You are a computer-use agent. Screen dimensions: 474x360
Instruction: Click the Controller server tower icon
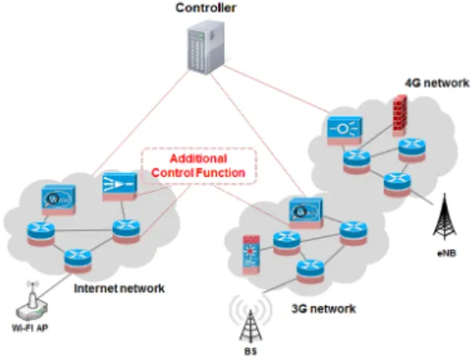pos(206,47)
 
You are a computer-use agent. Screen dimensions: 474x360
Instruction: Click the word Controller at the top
pos(205,8)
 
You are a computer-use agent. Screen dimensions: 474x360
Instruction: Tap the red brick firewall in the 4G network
pos(400,116)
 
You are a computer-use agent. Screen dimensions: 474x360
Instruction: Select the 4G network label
pos(437,83)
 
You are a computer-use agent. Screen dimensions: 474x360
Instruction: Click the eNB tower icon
pos(445,217)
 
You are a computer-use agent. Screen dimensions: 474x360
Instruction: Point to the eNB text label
pos(446,253)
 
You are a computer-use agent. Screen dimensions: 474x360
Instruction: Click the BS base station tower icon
pos(250,325)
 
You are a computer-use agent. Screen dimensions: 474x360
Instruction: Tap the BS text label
pos(250,352)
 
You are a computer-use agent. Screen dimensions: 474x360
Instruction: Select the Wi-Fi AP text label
pos(30,327)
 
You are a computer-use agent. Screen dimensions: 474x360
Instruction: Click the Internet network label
pos(119,288)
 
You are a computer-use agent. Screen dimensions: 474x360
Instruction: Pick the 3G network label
pos(323,309)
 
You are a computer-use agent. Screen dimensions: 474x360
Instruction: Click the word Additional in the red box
pos(198,159)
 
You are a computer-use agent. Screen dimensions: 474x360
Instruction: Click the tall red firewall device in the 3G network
pos(251,255)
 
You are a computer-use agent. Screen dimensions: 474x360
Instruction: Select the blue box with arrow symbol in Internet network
pos(120,186)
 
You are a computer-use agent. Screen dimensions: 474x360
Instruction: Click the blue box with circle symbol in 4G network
pos(344,131)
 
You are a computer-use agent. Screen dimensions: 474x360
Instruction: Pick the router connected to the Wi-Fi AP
pos(78,260)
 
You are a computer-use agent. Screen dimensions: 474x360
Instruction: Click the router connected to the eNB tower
pos(398,184)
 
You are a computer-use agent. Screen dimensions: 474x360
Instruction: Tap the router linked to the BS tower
pos(310,272)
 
